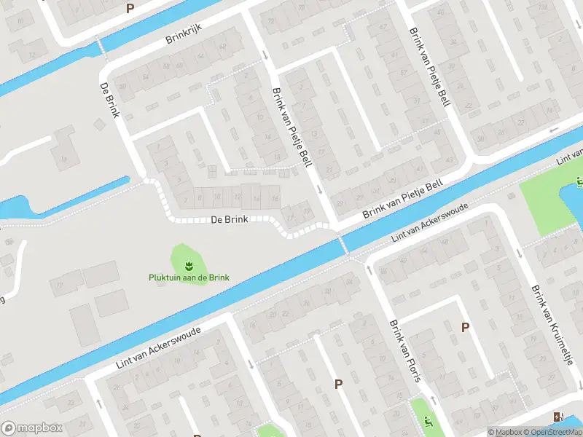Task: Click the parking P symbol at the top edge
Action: pyautogui.click(x=130, y=9)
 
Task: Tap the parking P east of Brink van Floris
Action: pyautogui.click(x=465, y=328)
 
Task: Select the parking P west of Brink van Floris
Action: pyautogui.click(x=338, y=384)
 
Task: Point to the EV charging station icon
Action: pyautogui.click(x=557, y=417)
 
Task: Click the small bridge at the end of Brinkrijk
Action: pyautogui.click(x=102, y=47)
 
